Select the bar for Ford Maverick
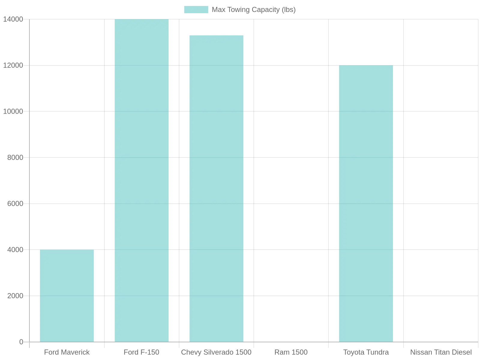coord(67,296)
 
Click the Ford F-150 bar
coord(142,181)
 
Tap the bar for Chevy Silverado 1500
coord(216,189)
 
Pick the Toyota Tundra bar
coord(366,203)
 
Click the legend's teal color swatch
coord(196,10)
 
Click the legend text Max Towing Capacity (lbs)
coord(254,10)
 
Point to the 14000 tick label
coord(13,19)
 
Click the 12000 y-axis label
coord(13,65)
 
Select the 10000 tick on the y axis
coord(13,112)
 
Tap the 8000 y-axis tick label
coord(15,157)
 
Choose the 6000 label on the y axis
coord(15,204)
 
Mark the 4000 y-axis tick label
coord(15,250)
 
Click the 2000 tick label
coord(15,296)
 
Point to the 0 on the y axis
coord(21,342)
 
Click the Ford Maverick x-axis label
coord(67,352)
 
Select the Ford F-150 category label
coord(141,352)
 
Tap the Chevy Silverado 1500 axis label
coord(216,352)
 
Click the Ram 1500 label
coord(291,352)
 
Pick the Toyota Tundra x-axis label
coord(366,352)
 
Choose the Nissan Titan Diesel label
coord(441,352)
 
